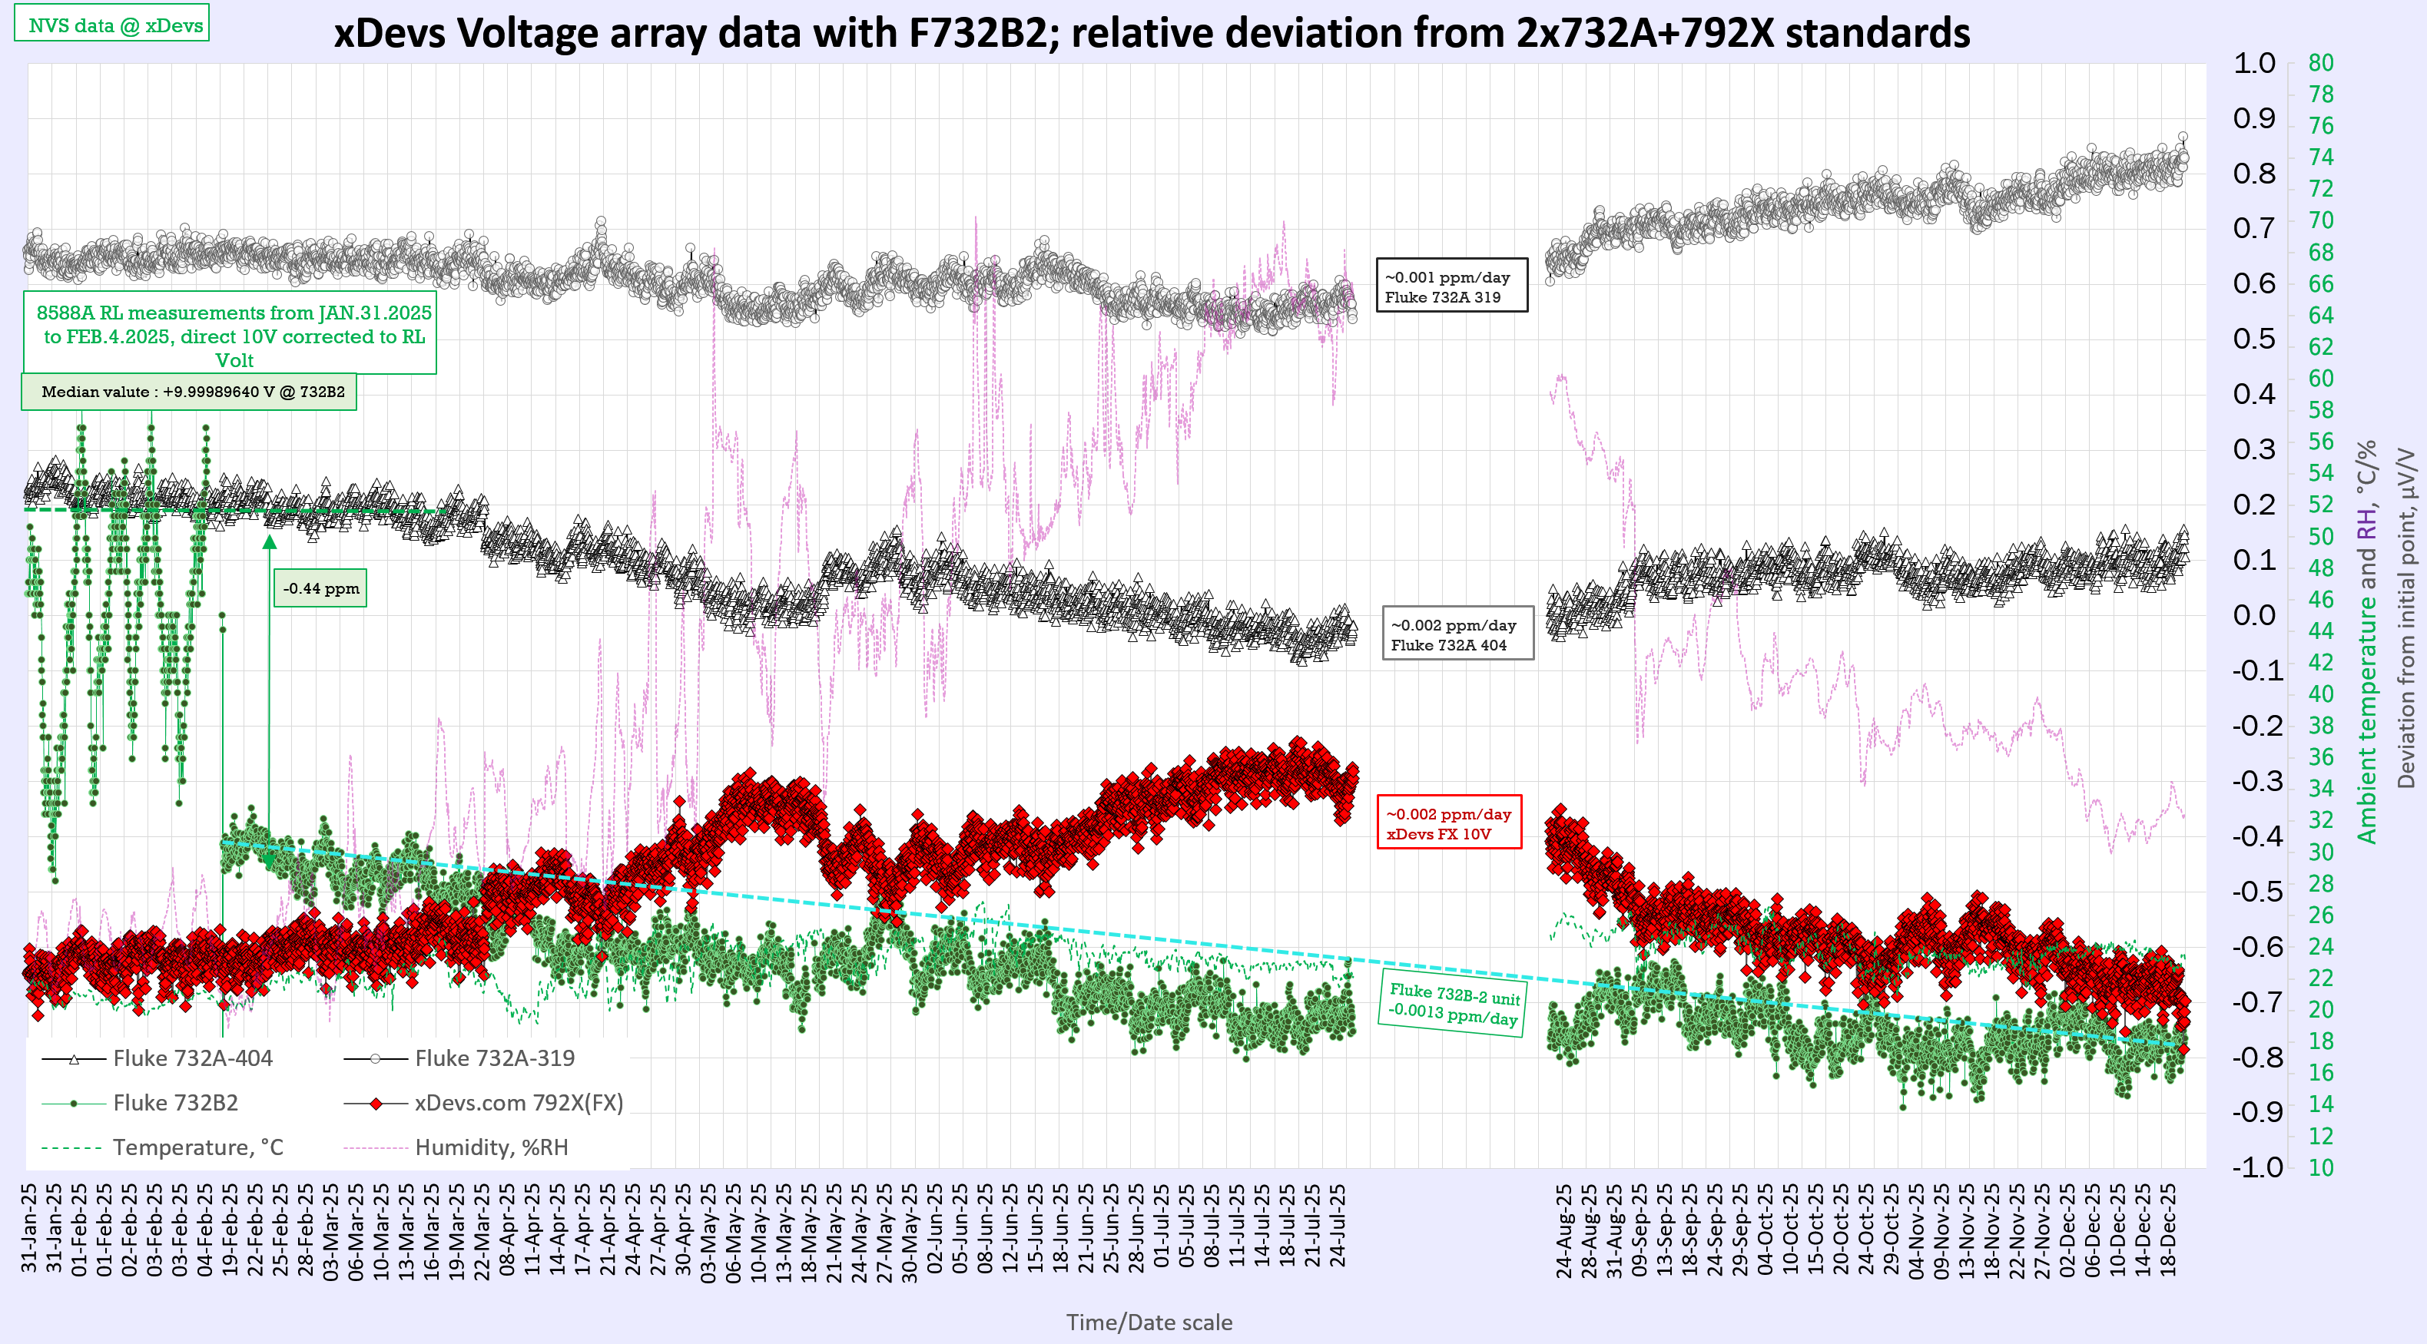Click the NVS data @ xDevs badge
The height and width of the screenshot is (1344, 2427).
tap(111, 25)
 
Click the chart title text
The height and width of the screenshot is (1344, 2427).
tap(1152, 34)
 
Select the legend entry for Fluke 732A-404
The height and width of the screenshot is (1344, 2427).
tap(191, 1058)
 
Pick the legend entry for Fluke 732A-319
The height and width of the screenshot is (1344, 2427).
tap(494, 1058)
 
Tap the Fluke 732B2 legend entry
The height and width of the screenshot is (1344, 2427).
tap(174, 1102)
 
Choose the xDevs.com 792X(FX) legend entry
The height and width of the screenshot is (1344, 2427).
tap(518, 1102)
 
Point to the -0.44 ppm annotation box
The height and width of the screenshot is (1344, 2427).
tap(320, 588)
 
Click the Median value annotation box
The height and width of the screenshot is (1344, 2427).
tap(189, 392)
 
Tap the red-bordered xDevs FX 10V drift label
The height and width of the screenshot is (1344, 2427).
tap(1448, 823)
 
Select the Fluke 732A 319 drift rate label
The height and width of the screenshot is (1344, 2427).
tap(1451, 286)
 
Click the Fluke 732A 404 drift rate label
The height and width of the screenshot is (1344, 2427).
tap(1457, 635)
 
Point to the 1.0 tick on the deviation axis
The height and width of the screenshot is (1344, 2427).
tap(2253, 64)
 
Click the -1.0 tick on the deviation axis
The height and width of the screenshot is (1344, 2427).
tap(2256, 1167)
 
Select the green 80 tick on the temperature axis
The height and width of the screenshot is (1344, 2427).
tap(2320, 63)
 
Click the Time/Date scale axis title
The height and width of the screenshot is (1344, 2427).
tap(1149, 1322)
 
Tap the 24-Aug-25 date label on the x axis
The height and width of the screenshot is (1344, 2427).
tap(1564, 1232)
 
